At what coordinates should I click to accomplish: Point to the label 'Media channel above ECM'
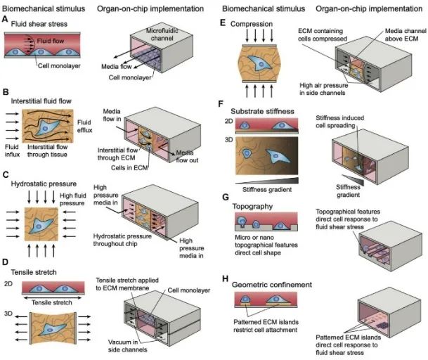[398, 39]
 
